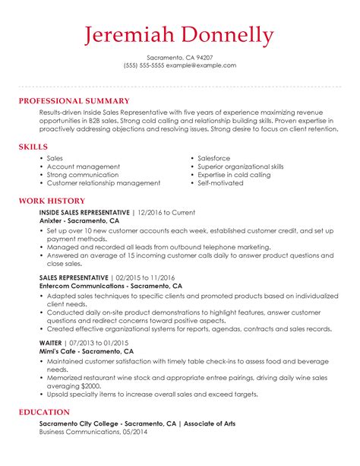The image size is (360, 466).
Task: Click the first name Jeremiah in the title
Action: tap(127, 35)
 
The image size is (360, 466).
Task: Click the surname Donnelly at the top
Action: tap(224, 35)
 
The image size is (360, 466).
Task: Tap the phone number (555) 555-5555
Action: tap(144, 65)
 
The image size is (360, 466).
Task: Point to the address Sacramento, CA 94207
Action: tap(180, 57)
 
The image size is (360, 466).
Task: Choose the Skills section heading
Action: tap(33, 147)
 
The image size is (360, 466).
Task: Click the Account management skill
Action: tap(83, 166)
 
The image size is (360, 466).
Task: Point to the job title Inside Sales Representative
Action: tap(84, 212)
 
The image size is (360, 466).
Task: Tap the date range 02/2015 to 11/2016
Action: tap(145, 278)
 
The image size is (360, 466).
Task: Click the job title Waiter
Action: tap(51, 344)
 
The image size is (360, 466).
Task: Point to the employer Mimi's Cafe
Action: tap(60, 352)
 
